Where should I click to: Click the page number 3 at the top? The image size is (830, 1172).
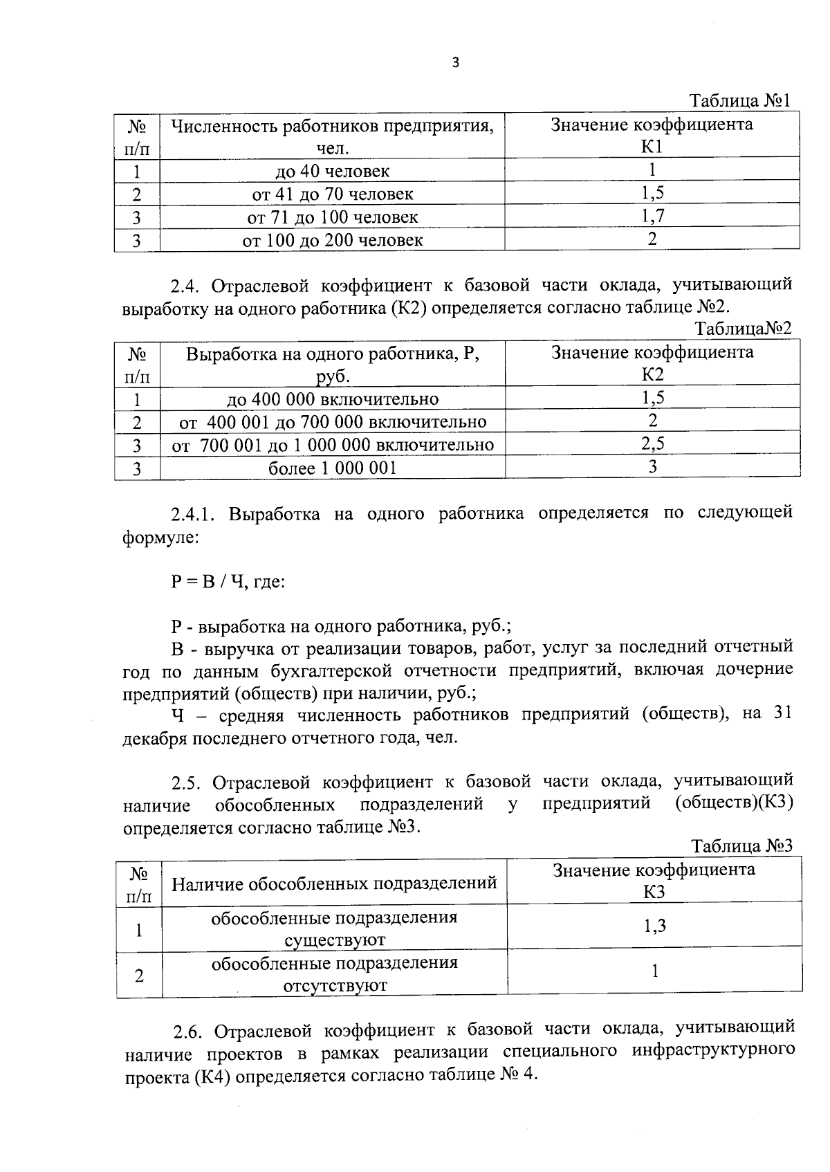pos(454,63)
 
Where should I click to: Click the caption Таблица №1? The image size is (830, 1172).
pos(740,102)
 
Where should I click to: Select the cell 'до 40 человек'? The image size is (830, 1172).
pos(332,171)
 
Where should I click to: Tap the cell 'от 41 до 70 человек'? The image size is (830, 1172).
pos(332,194)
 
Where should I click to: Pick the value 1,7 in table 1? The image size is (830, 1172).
pos(652,217)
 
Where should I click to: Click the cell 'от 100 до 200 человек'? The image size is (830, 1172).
pos(332,240)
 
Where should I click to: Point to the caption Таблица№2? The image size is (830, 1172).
pos(743,329)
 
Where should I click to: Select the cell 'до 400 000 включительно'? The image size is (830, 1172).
pos(332,399)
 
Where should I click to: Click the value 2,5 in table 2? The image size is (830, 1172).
pos(652,444)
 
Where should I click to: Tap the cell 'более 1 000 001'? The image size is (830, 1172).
pos(332,468)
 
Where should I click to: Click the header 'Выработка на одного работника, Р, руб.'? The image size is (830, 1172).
pos(332,365)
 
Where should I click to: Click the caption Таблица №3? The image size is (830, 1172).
pos(741,846)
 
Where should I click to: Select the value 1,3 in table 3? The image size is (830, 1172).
pos(654,926)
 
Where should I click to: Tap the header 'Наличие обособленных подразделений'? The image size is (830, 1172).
pos(334,883)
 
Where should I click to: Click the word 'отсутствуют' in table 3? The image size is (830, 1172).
pos(335,986)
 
